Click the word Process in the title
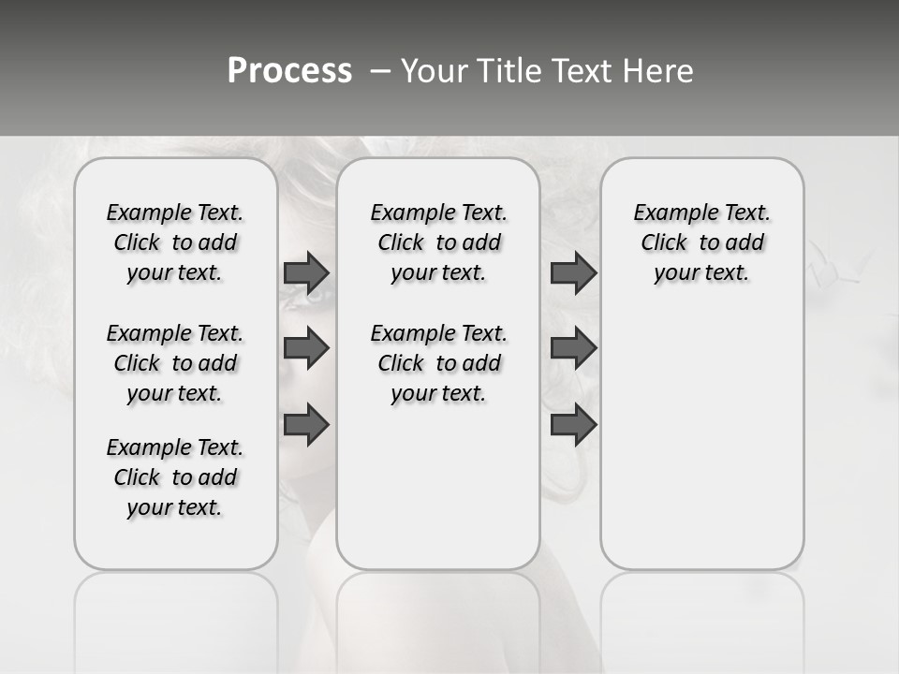point(289,71)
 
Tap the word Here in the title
point(660,71)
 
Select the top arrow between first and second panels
point(306,272)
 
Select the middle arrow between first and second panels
point(306,348)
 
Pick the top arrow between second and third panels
point(573,272)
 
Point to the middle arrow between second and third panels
point(573,348)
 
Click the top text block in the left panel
point(175,242)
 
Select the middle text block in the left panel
point(175,363)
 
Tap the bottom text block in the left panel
point(175,477)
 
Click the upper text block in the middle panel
point(438,242)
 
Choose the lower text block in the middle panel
point(438,363)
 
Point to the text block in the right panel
point(701,242)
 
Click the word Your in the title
point(435,71)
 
